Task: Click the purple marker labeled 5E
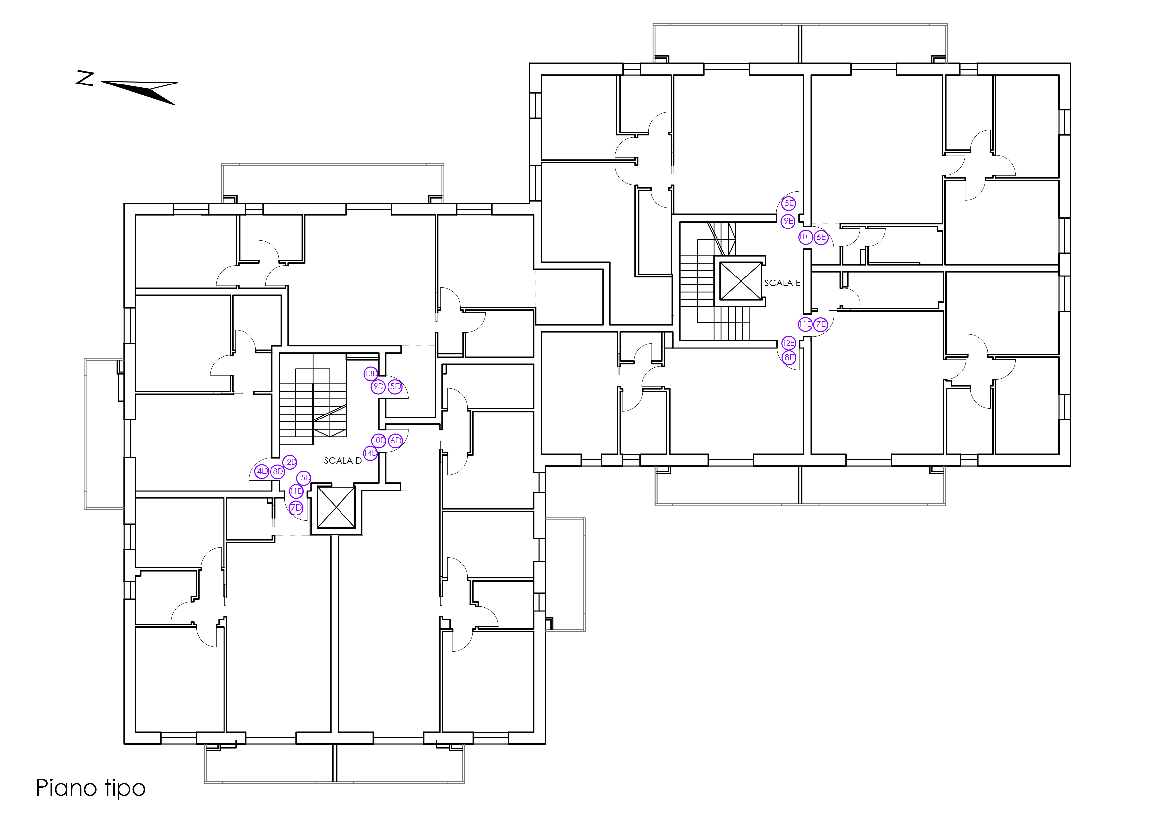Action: [789, 204]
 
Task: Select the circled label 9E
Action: [788, 221]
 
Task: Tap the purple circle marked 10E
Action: [806, 237]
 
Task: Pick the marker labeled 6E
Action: [821, 237]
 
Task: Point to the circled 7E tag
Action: [821, 324]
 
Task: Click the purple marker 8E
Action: [789, 358]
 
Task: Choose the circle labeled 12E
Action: [788, 343]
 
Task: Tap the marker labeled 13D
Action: [371, 373]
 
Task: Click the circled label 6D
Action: [396, 441]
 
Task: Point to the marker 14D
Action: [371, 453]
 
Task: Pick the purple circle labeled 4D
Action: [262, 471]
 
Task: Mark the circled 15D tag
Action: [304, 478]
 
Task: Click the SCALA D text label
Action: [342, 461]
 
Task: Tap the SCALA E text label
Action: [782, 283]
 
